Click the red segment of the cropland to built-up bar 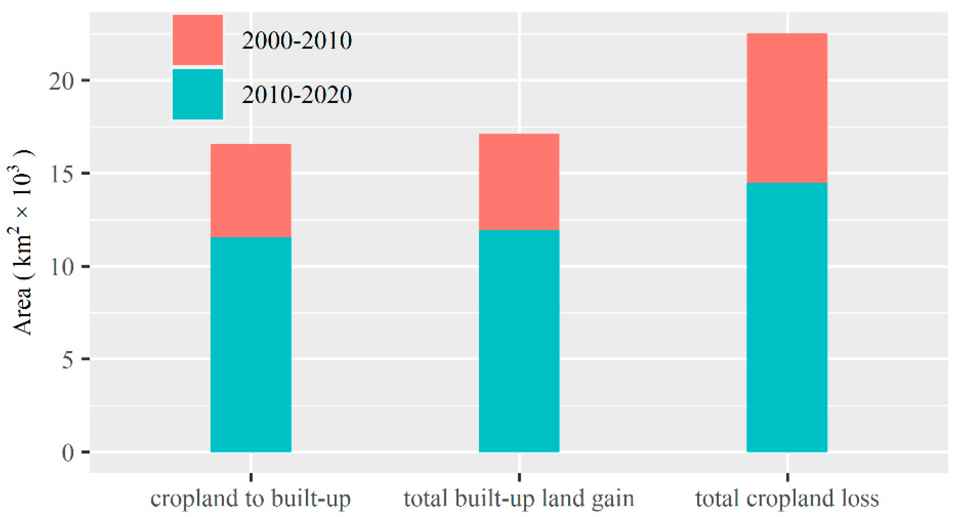[251, 190]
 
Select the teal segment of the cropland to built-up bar [251, 344]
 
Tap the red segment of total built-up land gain [519, 182]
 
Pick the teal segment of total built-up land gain [519, 340]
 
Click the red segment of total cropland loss [787, 108]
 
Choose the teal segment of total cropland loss [787, 317]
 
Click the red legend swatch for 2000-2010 [198, 40]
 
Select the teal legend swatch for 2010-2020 [198, 94]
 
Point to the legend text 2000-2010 [296, 41]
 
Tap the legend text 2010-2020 [296, 95]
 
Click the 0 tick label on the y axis [68, 452]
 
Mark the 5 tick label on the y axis [68, 359]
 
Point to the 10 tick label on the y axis [62, 267]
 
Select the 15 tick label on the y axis [62, 174]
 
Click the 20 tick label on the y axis [62, 81]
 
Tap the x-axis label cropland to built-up [251, 499]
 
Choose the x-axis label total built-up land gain [519, 499]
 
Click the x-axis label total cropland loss [787, 498]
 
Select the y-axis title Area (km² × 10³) [21, 243]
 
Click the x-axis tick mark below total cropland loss [788, 477]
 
